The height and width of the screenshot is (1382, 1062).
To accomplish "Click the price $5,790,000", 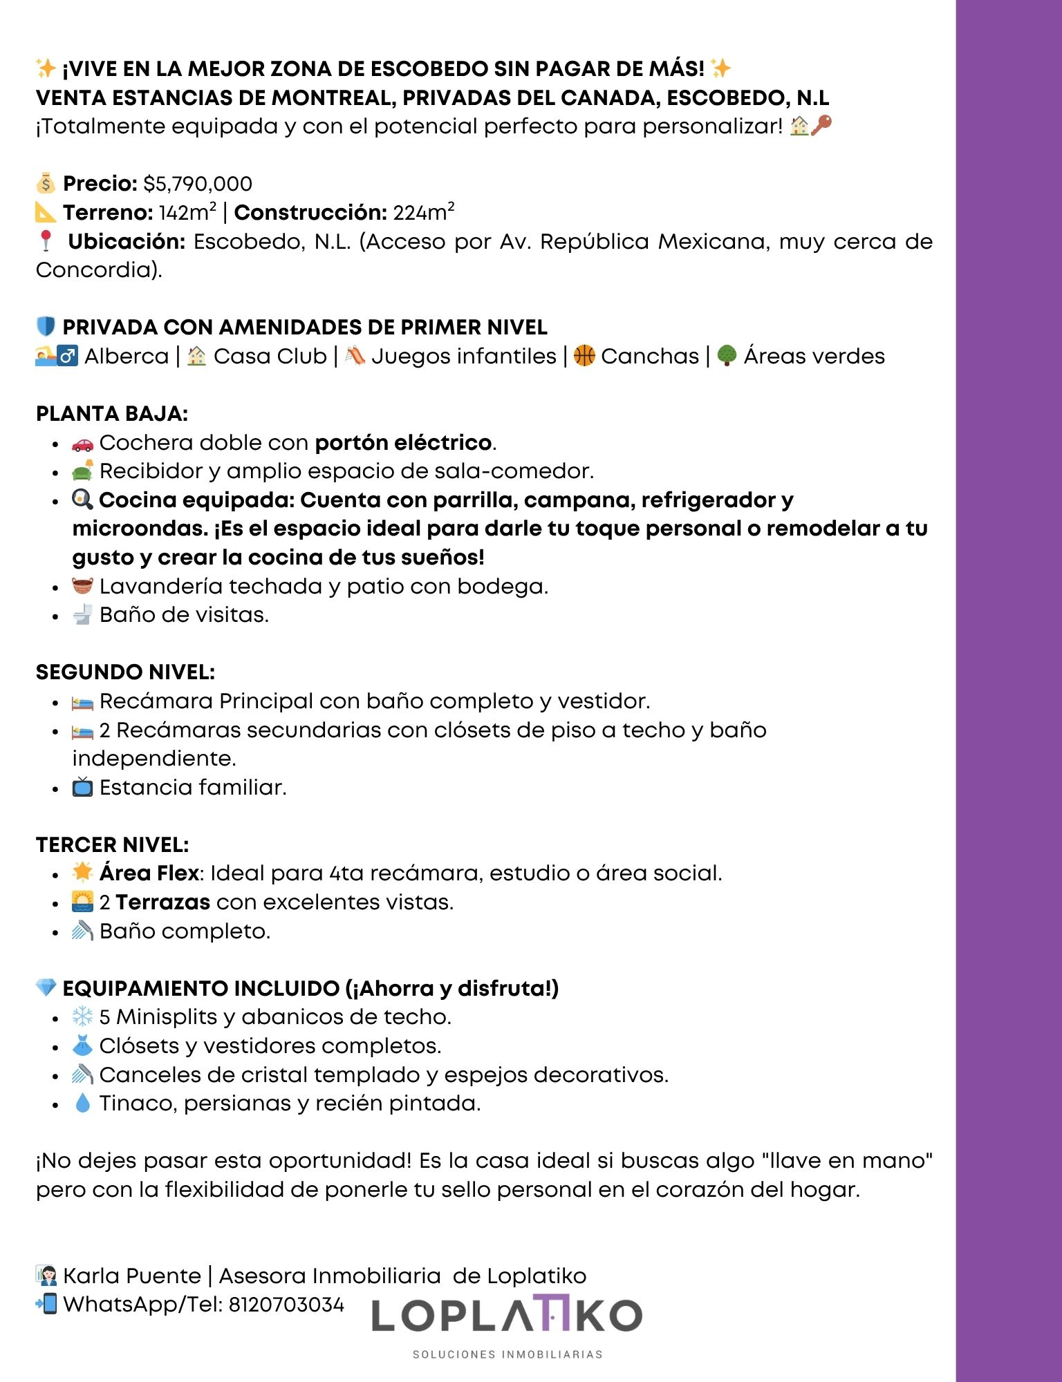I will tap(198, 184).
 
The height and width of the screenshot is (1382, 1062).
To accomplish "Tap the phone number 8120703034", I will tap(286, 1305).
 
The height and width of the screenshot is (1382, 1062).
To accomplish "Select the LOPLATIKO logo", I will tap(507, 1314).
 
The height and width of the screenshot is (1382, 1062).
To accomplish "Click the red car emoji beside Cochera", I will tap(82, 443).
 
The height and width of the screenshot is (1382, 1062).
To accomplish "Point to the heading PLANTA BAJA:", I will tap(112, 414).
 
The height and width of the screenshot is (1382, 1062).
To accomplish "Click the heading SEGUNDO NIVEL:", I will tap(125, 672).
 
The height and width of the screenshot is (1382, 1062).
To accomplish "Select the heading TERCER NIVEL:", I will tap(112, 844).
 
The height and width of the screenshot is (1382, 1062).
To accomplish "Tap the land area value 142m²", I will tap(187, 212).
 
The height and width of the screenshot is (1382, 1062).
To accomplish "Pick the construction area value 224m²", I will tap(424, 212).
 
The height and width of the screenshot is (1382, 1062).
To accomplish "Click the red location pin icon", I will tap(46, 240).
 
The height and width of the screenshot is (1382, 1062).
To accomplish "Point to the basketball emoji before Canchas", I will tap(584, 356).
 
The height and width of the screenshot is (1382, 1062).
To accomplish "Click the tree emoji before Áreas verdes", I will tap(727, 356).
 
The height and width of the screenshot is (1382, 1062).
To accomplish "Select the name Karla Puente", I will tap(131, 1276).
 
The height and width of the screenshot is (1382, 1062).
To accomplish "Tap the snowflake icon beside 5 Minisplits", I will tap(82, 1016).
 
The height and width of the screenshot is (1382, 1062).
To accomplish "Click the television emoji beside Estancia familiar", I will tap(82, 787).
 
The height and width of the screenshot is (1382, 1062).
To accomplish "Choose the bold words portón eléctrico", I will tap(403, 443).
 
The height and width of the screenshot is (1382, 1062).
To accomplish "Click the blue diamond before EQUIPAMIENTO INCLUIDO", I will tap(46, 988).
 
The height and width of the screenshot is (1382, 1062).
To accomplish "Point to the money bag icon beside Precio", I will tap(46, 184).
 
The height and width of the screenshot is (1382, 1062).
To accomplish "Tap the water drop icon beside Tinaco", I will tap(82, 1103).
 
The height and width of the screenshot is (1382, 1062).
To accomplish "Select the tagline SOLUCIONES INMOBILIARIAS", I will tap(507, 1354).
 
